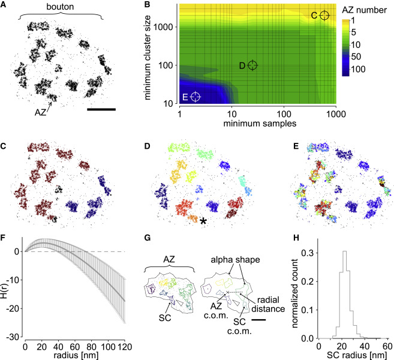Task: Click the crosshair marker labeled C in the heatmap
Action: [x=324, y=16]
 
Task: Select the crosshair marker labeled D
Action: [x=252, y=65]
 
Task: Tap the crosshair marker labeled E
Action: [x=196, y=96]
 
